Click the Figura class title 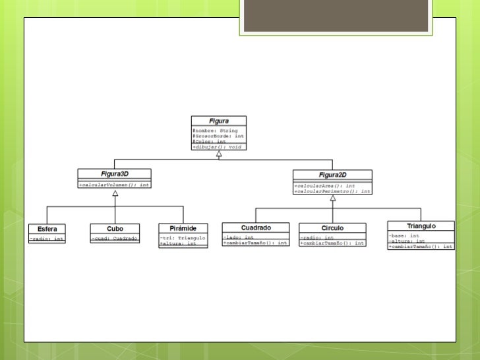(x=219, y=121)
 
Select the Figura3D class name (x=114, y=174)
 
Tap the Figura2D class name (x=332, y=175)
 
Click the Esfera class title (x=47, y=229)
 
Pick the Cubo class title (x=115, y=229)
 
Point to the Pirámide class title (x=183, y=228)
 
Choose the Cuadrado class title (x=256, y=227)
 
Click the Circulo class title (x=332, y=228)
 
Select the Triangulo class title (x=421, y=226)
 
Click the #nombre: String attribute (x=215, y=131)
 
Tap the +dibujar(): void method (x=217, y=146)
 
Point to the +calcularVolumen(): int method (x=115, y=185)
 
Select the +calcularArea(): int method (x=324, y=186)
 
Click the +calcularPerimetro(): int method (x=332, y=191)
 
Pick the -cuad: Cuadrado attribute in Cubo (x=115, y=238)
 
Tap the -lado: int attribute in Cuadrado (x=239, y=237)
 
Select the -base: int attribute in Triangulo (x=404, y=235)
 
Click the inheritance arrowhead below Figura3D (x=115, y=193)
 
